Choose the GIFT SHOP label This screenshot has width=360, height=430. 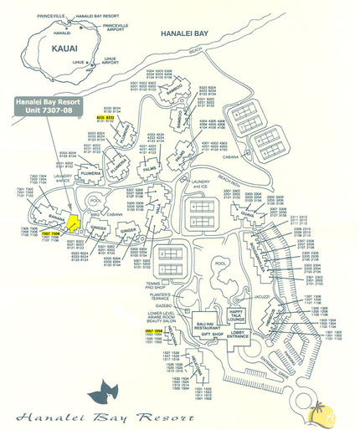[x=213, y=335]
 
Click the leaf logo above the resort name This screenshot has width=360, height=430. [x=110, y=390]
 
